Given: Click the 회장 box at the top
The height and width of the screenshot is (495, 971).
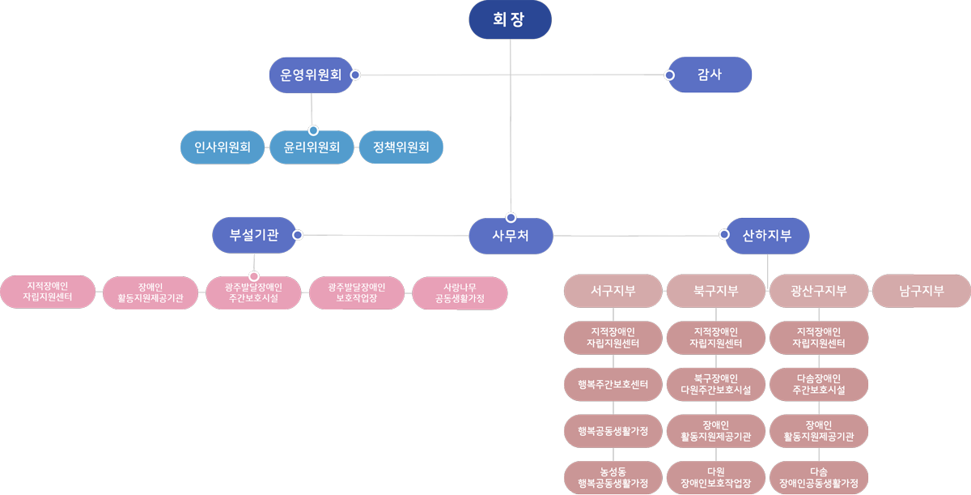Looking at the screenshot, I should pyautogui.click(x=510, y=19).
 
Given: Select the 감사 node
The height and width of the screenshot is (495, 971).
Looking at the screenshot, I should pyautogui.click(x=710, y=75).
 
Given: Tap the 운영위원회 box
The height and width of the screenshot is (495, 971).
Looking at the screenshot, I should pyautogui.click(x=312, y=75).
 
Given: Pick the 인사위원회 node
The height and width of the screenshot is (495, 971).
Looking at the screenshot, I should pyautogui.click(x=223, y=147).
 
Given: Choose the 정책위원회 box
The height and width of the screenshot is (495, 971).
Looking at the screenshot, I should pyautogui.click(x=401, y=147).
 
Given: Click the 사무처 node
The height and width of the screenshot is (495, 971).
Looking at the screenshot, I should pyautogui.click(x=511, y=236).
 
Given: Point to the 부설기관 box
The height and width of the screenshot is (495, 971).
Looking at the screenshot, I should pyautogui.click(x=254, y=235).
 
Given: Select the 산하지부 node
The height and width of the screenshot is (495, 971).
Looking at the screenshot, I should pyautogui.click(x=767, y=235).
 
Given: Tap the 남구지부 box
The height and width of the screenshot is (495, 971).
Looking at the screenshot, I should pyautogui.click(x=922, y=291).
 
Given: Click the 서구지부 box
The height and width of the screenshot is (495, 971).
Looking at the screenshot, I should pyautogui.click(x=613, y=291).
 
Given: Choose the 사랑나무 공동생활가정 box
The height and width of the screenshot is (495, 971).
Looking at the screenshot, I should pyautogui.click(x=460, y=292).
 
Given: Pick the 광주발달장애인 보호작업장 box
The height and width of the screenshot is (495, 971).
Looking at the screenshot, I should pyautogui.click(x=357, y=292).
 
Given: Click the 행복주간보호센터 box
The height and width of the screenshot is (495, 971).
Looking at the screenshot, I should pyautogui.click(x=613, y=385).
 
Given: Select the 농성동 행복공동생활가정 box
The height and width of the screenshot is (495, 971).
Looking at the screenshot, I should pyautogui.click(x=613, y=477).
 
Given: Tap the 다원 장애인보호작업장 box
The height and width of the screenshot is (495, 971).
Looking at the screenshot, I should pyautogui.click(x=716, y=477).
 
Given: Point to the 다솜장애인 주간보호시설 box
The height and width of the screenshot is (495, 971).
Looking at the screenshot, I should pyautogui.click(x=819, y=385).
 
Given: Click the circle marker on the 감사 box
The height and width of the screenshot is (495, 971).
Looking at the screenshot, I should pyautogui.click(x=669, y=75).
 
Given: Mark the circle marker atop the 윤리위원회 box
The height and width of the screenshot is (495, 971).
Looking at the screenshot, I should pyautogui.click(x=313, y=130).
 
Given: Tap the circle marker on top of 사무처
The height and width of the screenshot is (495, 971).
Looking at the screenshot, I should pyautogui.click(x=511, y=217).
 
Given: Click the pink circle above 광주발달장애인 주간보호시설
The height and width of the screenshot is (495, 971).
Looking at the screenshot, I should pyautogui.click(x=254, y=276).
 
